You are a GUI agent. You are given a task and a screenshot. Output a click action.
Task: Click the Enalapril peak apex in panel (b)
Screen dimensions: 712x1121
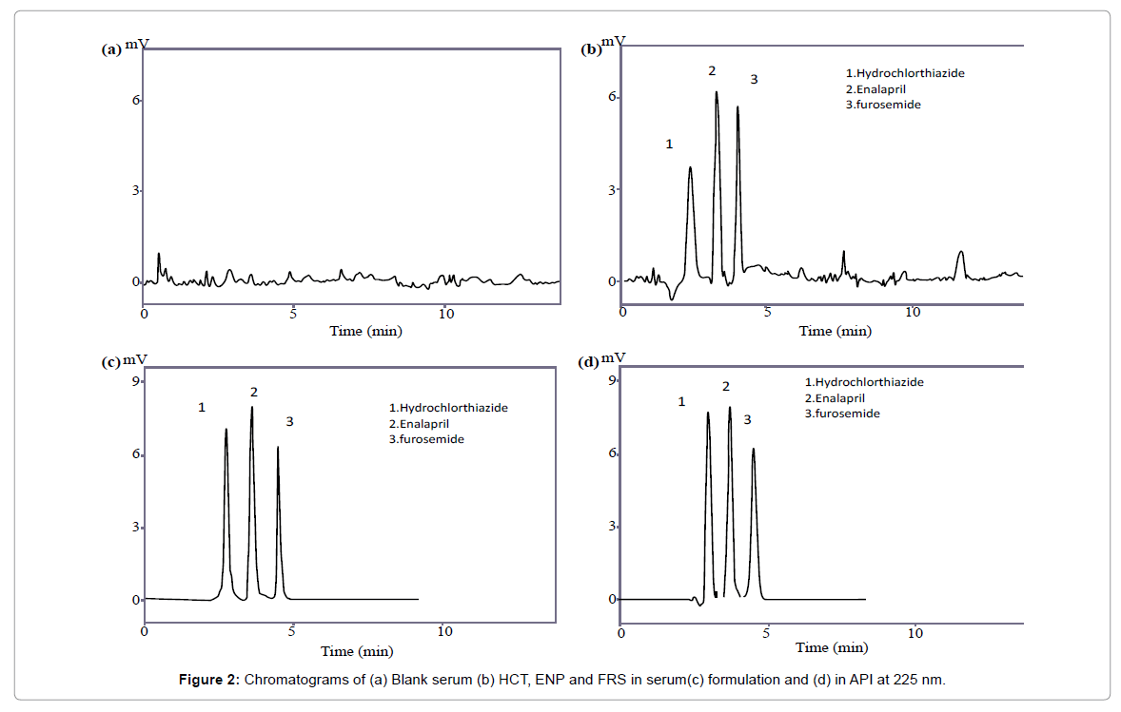(717, 93)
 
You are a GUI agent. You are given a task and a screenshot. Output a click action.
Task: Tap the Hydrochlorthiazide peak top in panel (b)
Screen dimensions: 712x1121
(690, 168)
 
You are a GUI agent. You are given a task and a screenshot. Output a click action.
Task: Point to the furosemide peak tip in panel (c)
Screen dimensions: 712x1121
(278, 448)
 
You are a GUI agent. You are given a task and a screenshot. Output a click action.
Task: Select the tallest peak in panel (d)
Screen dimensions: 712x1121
(730, 408)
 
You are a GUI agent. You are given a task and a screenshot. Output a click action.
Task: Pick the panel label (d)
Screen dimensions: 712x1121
(590, 362)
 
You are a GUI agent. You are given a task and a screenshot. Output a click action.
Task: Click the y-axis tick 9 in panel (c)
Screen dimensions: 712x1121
(137, 381)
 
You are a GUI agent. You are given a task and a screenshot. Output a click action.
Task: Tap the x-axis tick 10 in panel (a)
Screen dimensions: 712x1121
(444, 313)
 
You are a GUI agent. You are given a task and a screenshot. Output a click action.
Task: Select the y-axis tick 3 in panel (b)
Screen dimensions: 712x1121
(614, 189)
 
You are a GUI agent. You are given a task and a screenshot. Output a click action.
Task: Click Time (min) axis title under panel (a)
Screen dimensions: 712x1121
(365, 331)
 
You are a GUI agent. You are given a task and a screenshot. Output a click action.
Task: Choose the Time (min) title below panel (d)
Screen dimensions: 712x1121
(833, 647)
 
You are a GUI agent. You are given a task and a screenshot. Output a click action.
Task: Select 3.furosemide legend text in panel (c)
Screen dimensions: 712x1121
(426, 439)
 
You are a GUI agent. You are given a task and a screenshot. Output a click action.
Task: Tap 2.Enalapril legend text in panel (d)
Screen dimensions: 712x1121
(835, 398)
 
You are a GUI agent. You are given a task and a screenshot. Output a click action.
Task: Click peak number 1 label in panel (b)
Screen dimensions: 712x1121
(669, 144)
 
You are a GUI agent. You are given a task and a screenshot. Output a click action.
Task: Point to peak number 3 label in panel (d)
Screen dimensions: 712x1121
(747, 419)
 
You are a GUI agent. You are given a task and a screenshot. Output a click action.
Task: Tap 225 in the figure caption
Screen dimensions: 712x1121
(906, 679)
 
